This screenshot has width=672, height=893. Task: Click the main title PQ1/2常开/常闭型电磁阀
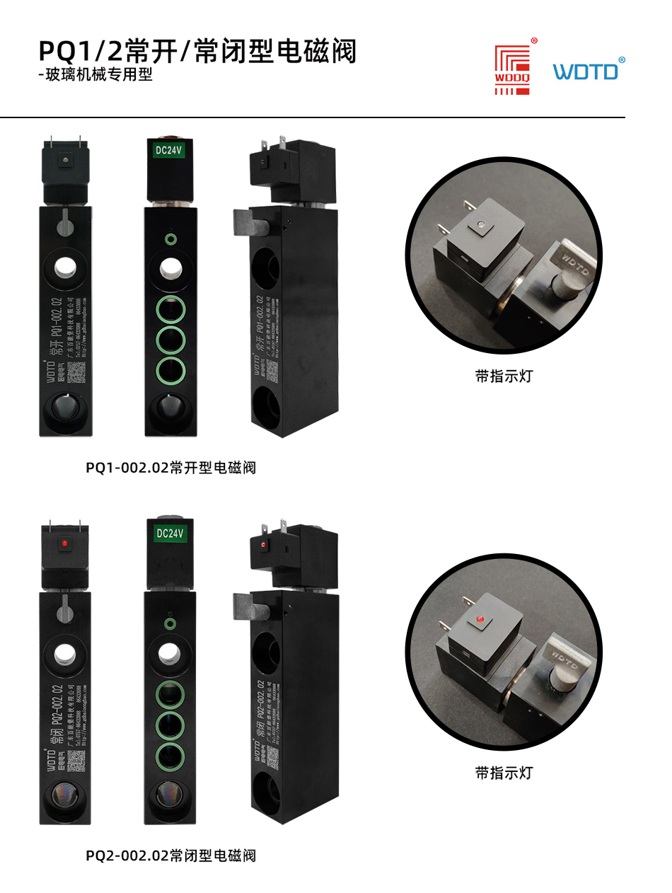[x=197, y=52]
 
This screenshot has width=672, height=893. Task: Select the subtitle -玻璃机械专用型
[x=95, y=75]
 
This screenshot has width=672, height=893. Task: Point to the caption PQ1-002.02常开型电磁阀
[x=170, y=468]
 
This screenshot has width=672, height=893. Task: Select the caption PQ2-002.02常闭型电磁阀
[x=170, y=855]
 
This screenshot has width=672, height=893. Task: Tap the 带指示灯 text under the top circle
[x=503, y=376]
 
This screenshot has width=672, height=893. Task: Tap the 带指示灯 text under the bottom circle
[x=503, y=773]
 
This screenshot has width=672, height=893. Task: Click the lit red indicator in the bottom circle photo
[x=479, y=620]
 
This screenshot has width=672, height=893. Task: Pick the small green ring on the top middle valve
[x=170, y=239]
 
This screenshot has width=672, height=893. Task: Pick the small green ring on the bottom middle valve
[x=170, y=623]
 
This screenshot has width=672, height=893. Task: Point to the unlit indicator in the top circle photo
[x=480, y=225]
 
